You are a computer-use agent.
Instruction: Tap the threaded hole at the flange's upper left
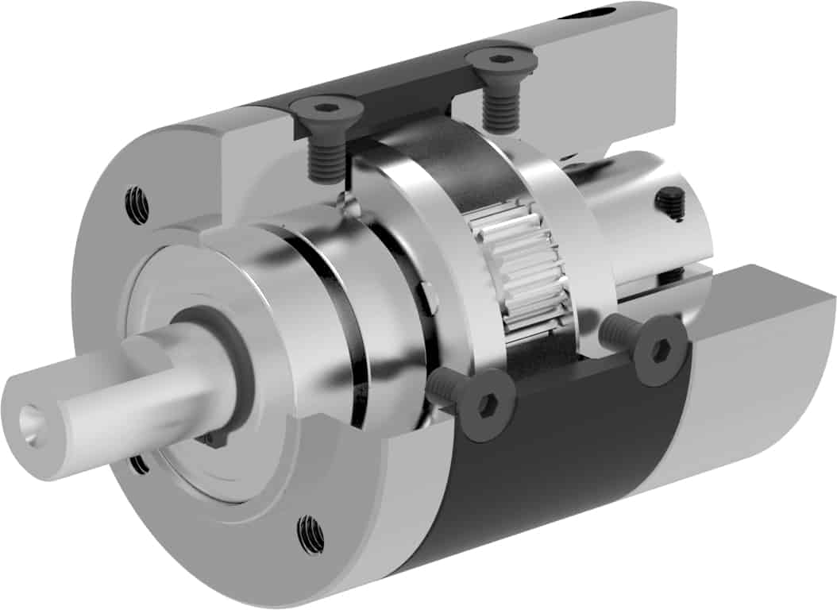pos(137,205)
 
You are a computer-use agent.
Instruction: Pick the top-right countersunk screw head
pos(497,60)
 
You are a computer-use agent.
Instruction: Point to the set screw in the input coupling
pos(671,204)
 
